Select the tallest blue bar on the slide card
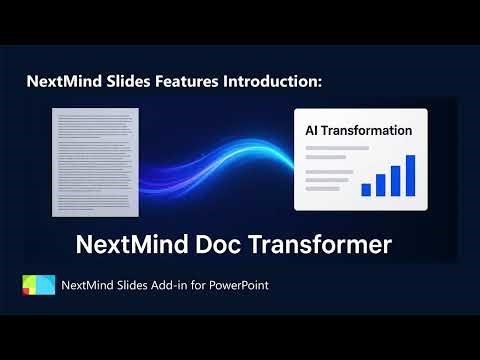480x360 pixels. (409, 175)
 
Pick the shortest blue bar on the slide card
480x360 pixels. (366, 188)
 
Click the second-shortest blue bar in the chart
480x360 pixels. (380, 184)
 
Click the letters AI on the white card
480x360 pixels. (313, 130)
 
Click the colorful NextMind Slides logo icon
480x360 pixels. (38, 285)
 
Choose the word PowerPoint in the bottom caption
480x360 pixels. (238, 286)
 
